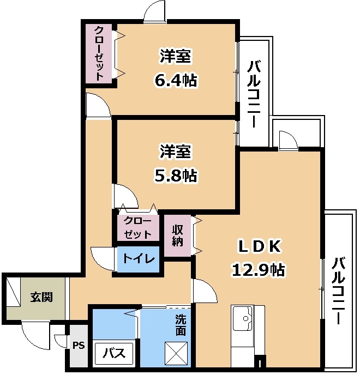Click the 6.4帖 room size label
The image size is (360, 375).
176,80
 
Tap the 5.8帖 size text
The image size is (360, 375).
176,176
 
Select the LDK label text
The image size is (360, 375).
260,246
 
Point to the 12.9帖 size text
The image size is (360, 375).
258,270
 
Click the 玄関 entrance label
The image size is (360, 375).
41,298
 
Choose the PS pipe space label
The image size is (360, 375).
79,346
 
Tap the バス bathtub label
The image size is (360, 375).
114,353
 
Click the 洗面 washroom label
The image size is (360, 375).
181,325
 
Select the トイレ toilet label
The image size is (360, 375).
139,259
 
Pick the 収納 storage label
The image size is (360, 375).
178,236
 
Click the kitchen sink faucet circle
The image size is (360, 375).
245,318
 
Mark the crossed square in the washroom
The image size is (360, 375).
176,353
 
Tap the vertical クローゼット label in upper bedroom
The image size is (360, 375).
99,54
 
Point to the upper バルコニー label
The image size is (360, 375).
254,94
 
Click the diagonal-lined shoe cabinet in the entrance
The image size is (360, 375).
14,291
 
